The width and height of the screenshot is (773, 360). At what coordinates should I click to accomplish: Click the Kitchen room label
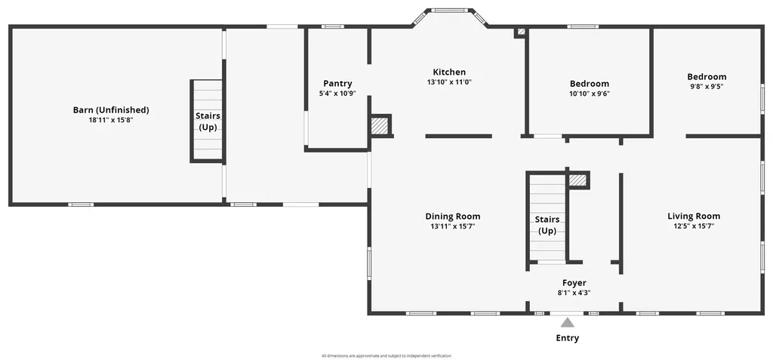(449, 72)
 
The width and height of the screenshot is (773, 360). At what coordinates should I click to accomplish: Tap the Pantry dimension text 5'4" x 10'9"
(337, 94)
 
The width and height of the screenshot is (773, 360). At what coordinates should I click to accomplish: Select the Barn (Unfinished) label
(111, 109)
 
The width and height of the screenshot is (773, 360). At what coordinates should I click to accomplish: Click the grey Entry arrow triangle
(567, 323)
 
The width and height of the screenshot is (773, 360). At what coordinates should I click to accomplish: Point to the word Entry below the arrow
(567, 338)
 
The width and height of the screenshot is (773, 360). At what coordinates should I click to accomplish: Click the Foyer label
(574, 283)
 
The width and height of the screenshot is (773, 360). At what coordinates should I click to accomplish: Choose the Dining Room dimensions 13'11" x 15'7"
(453, 226)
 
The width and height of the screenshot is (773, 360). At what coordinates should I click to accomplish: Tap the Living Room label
(694, 216)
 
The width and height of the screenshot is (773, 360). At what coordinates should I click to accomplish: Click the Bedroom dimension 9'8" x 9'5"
(707, 87)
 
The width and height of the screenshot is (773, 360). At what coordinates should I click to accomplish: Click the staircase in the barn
(207, 121)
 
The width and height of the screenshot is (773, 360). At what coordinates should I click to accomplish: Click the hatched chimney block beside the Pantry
(380, 125)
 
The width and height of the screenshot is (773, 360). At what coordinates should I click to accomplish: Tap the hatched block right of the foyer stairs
(578, 180)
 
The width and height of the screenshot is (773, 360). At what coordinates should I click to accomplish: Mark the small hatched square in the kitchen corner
(519, 32)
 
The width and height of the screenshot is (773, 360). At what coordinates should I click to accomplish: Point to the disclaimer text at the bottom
(386, 355)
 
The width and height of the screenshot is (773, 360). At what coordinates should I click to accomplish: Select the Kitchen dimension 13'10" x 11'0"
(449, 82)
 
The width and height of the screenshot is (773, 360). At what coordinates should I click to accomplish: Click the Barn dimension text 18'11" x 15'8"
(111, 119)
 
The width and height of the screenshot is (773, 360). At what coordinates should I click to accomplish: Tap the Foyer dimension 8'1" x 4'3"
(574, 293)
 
